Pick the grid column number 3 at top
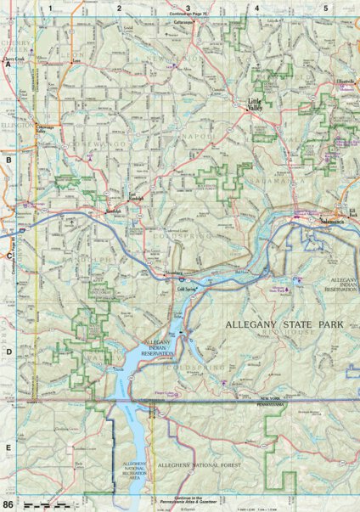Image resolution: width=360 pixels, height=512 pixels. point(188,8)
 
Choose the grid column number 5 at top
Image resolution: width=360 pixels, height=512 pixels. point(325,8)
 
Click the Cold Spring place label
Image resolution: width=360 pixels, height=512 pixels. point(187,289)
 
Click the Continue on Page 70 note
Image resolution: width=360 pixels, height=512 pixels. point(188,14)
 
